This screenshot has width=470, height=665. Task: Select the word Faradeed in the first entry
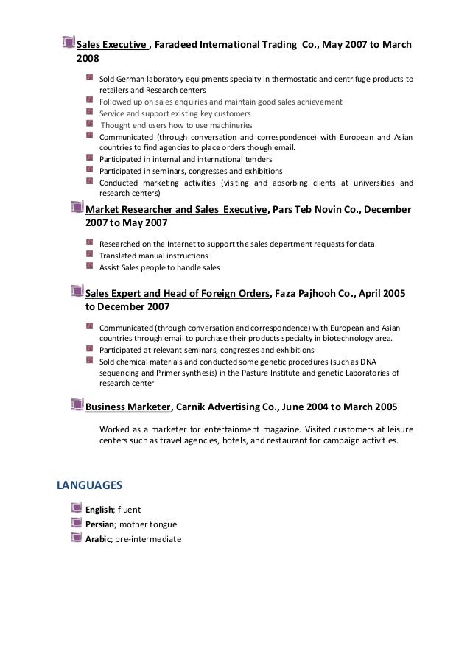(x=179, y=44)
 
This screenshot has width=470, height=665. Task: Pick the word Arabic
(x=98, y=539)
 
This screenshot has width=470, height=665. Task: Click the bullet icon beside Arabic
(x=77, y=538)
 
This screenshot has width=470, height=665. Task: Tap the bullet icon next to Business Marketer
(x=77, y=405)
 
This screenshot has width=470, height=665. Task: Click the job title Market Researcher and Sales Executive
(x=176, y=209)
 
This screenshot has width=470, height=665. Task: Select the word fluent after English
(x=129, y=509)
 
